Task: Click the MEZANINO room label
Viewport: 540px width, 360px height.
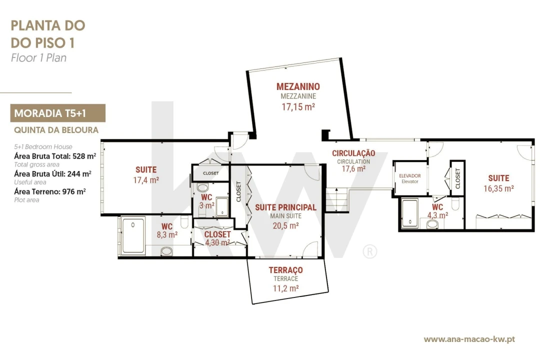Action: pyautogui.click(x=298, y=86)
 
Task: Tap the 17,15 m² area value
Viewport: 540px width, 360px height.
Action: pyautogui.click(x=298, y=107)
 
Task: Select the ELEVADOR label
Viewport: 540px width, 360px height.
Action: pyautogui.click(x=410, y=175)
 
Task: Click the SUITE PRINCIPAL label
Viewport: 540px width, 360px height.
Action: pyautogui.click(x=285, y=207)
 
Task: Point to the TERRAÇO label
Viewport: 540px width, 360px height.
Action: pyautogui.click(x=286, y=270)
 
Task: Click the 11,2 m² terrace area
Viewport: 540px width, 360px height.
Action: pyautogui.click(x=286, y=288)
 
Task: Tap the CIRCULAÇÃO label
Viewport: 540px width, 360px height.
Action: pyautogui.click(x=353, y=153)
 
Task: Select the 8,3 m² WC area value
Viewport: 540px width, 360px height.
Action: pyautogui.click(x=167, y=235)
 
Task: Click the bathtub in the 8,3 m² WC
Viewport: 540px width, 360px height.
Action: pyautogui.click(x=133, y=236)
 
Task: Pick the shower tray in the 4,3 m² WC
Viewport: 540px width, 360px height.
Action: pyautogui.click(x=410, y=213)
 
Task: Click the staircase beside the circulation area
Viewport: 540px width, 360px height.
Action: pyautogui.click(x=333, y=199)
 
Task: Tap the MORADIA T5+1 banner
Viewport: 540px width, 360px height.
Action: pyautogui.click(x=58, y=113)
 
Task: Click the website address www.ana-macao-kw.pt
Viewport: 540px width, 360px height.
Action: pyautogui.click(x=469, y=339)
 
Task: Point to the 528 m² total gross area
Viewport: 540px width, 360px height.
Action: pyautogui.click(x=84, y=156)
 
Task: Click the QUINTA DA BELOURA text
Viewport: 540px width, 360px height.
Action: pyautogui.click(x=56, y=130)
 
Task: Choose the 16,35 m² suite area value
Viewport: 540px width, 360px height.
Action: pyautogui.click(x=498, y=188)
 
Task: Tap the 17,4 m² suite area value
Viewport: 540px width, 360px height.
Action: pyautogui.click(x=146, y=180)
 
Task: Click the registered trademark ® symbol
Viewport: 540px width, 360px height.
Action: pyautogui.click(x=370, y=252)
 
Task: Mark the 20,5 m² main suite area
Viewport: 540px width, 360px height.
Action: pyautogui.click(x=285, y=225)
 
